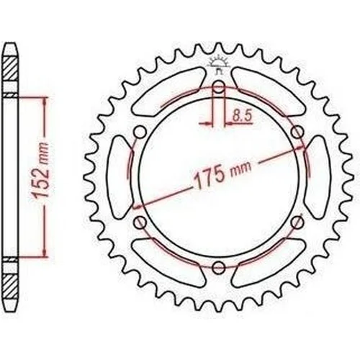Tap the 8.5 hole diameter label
(x=242, y=116)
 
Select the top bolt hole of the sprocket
(x=218, y=87)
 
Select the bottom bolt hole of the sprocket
(x=219, y=266)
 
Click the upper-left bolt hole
(x=140, y=132)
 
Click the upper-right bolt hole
(x=297, y=132)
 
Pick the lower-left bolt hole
(x=140, y=222)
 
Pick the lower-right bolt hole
(x=297, y=222)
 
